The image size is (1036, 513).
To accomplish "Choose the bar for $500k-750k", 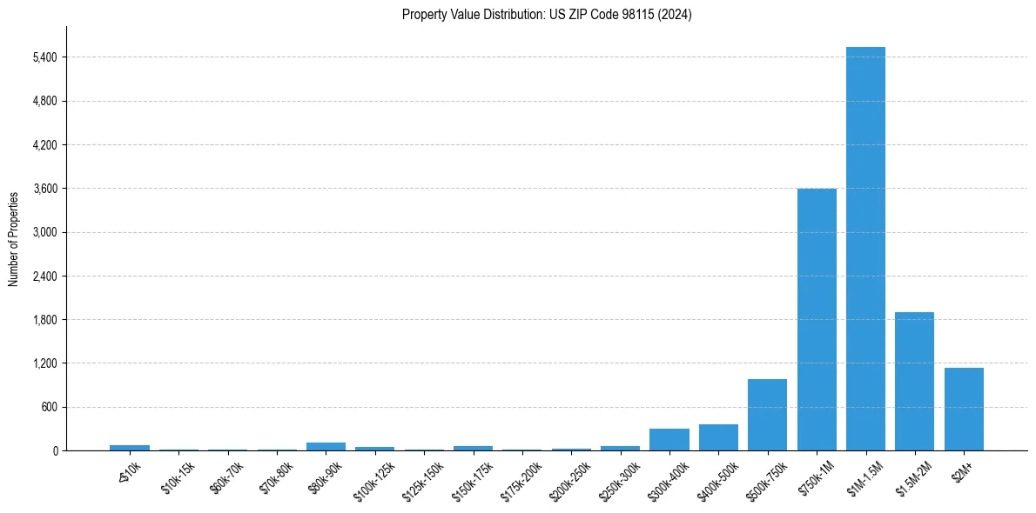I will pyautogui.click(x=767, y=415).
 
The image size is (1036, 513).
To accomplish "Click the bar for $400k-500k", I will pyautogui.click(x=718, y=437).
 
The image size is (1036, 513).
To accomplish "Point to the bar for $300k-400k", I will pyautogui.click(x=669, y=439).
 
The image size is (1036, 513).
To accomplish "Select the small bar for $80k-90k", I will pyautogui.click(x=326, y=446).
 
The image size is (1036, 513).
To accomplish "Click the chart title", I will pyautogui.click(x=547, y=15).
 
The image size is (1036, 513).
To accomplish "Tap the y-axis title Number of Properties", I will pyautogui.click(x=14, y=238).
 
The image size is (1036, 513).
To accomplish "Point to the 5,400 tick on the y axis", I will pyautogui.click(x=44, y=57).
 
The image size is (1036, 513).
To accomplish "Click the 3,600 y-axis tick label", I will pyautogui.click(x=44, y=189).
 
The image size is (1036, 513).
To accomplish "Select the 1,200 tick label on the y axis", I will pyautogui.click(x=44, y=363).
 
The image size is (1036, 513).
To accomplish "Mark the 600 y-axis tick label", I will pyautogui.click(x=50, y=407).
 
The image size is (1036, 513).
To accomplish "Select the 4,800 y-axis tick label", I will pyautogui.click(x=44, y=101).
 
